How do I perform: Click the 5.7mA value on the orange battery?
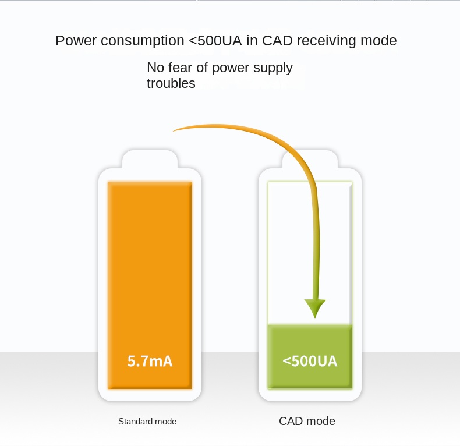click(150, 361)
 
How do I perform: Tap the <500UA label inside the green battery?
click(310, 361)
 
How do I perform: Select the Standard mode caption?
click(147, 422)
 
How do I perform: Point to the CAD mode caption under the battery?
click(307, 421)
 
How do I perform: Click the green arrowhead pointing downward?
click(315, 307)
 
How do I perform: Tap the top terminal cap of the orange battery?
click(150, 159)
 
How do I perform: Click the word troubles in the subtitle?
click(171, 83)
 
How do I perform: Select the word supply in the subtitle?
click(273, 68)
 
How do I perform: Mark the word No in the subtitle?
click(154, 68)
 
